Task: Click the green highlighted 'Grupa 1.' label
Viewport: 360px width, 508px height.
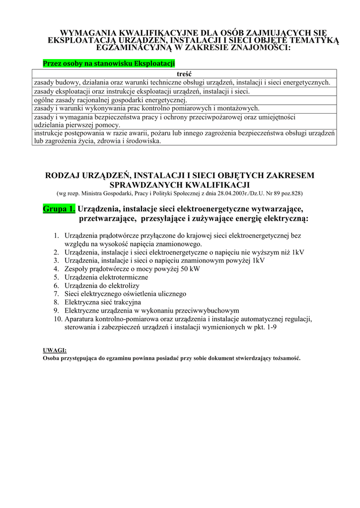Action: click(x=59, y=208)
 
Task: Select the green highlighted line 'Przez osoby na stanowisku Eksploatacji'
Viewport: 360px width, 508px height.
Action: click(x=109, y=63)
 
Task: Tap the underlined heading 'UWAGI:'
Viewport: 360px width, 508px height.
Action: click(x=55, y=350)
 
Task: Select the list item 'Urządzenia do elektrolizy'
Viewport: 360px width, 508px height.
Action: click(x=102, y=286)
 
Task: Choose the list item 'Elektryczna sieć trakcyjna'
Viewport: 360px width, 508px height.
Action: click(x=103, y=302)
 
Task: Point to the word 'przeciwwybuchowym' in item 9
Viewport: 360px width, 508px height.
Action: click(x=208, y=310)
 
